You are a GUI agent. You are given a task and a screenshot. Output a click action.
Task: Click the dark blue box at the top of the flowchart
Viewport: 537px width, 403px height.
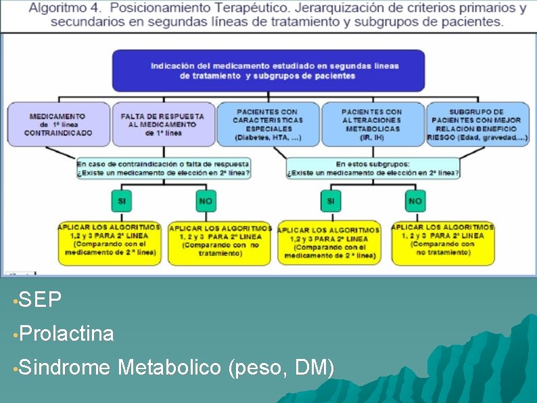[268, 70]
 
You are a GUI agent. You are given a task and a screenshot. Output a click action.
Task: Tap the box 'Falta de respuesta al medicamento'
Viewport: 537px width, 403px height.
[163, 124]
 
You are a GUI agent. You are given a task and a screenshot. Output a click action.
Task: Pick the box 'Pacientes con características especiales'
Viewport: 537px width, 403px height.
[268, 124]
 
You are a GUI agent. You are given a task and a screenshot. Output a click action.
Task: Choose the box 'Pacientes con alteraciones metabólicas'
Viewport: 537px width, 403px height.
[371, 124]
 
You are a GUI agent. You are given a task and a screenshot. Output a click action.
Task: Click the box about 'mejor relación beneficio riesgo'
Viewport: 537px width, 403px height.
[477, 124]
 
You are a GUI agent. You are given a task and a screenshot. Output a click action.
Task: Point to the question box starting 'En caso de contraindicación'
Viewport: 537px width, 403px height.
[163, 168]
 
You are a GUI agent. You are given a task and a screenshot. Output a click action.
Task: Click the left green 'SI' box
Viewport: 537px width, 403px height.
[122, 201]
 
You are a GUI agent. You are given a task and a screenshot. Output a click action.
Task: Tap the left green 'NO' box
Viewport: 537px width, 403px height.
[206, 201]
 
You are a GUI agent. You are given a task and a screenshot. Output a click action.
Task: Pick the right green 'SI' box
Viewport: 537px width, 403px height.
[330, 201]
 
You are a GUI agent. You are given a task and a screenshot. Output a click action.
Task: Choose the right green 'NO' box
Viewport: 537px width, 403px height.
[415, 201]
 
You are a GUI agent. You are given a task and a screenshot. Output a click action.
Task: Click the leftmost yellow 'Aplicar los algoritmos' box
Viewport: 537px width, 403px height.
[110, 242]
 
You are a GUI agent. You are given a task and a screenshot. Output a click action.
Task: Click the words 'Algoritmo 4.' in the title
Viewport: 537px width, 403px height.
[64, 8]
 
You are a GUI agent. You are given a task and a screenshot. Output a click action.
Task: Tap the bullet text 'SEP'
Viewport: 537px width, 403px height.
[41, 299]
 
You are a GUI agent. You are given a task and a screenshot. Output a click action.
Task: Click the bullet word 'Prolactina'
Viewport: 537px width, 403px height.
[66, 333]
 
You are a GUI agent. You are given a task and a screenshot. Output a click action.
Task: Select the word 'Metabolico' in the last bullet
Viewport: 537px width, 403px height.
[169, 368]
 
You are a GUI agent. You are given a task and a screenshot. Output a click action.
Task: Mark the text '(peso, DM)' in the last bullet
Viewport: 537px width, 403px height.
[281, 368]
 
